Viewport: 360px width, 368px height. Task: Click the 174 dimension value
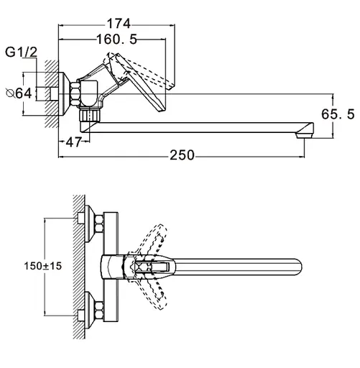[119, 24]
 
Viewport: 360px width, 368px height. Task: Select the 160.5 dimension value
[116, 39]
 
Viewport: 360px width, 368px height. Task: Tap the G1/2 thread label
[21, 52]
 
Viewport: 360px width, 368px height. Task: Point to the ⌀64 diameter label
[19, 93]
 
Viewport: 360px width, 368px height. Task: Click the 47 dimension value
[73, 142]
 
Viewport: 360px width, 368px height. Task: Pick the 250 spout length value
[182, 155]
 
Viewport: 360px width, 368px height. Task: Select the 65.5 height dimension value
[338, 114]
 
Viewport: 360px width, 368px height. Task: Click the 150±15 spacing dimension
[43, 266]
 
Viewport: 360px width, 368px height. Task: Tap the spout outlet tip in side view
[305, 136]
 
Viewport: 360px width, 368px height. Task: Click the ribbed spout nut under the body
[90, 116]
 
